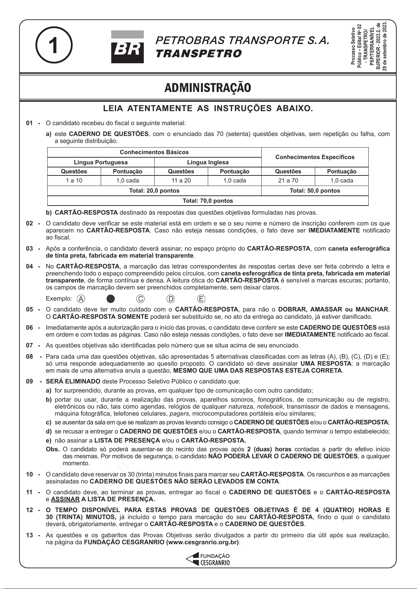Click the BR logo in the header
click(127, 47)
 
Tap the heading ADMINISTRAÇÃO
click(208, 88)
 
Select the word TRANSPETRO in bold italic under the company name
click(198, 54)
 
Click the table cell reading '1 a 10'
click(74, 181)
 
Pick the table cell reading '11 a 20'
click(181, 181)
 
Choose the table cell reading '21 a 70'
click(288, 181)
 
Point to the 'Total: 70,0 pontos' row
click(208, 201)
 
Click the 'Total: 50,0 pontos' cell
click(315, 191)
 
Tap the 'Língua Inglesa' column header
click(208, 162)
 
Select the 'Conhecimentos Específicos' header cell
click(315, 157)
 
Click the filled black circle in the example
click(111, 299)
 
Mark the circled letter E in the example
click(201, 299)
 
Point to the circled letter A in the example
click(81, 299)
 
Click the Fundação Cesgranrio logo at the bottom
click(208, 559)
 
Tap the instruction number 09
click(30, 381)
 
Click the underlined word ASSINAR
click(65, 499)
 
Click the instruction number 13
click(30, 535)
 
